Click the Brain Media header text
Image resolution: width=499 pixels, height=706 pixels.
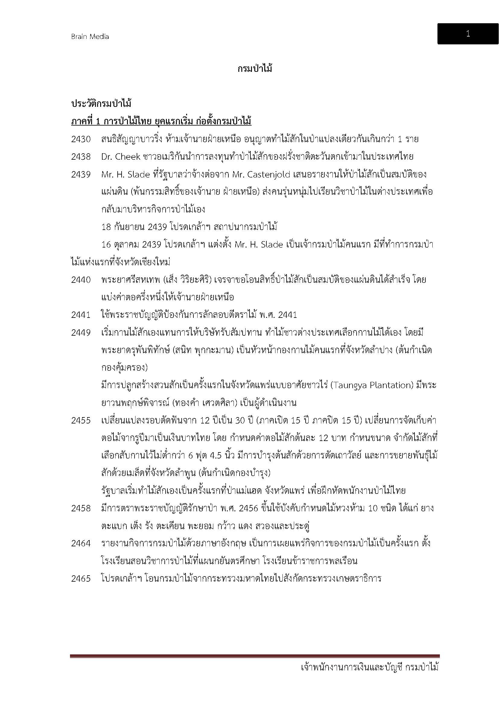tap(90, 37)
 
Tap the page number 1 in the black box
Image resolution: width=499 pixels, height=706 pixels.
tap(468, 34)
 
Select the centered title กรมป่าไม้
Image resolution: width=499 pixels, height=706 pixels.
tap(255, 69)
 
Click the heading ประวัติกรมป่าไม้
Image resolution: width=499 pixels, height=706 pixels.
tap(101, 104)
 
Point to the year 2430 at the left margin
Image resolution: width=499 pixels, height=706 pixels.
tap(81, 139)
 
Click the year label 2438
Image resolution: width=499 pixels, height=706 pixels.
tap(81, 157)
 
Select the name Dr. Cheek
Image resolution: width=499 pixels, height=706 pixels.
tap(121, 157)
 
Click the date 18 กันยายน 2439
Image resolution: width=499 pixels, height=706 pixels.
tap(134, 227)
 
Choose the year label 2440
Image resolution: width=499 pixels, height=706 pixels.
tap(81, 280)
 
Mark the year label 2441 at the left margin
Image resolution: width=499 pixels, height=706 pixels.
tap(81, 315)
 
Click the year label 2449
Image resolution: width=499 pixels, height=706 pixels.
tap(81, 332)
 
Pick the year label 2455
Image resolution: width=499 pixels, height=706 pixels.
tap(81, 420)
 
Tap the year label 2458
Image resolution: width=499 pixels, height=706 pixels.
tap(81, 508)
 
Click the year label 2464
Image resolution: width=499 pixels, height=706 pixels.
tap(81, 543)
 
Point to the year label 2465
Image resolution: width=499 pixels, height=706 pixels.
tap(81, 578)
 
